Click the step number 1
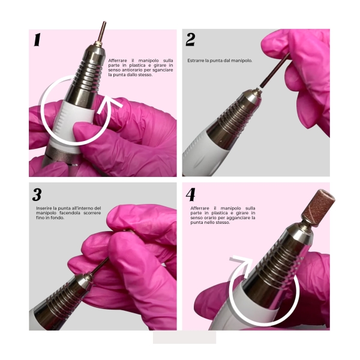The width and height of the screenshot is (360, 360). click(x=37, y=40)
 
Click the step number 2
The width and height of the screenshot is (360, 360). click(x=190, y=40)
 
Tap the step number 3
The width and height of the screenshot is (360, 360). click(x=37, y=194)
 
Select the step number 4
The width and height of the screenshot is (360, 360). click(x=191, y=194)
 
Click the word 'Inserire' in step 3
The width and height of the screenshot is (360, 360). click(x=44, y=208)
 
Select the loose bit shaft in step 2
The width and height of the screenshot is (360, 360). click(x=275, y=70)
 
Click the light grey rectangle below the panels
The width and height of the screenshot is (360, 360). click(x=184, y=337)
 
